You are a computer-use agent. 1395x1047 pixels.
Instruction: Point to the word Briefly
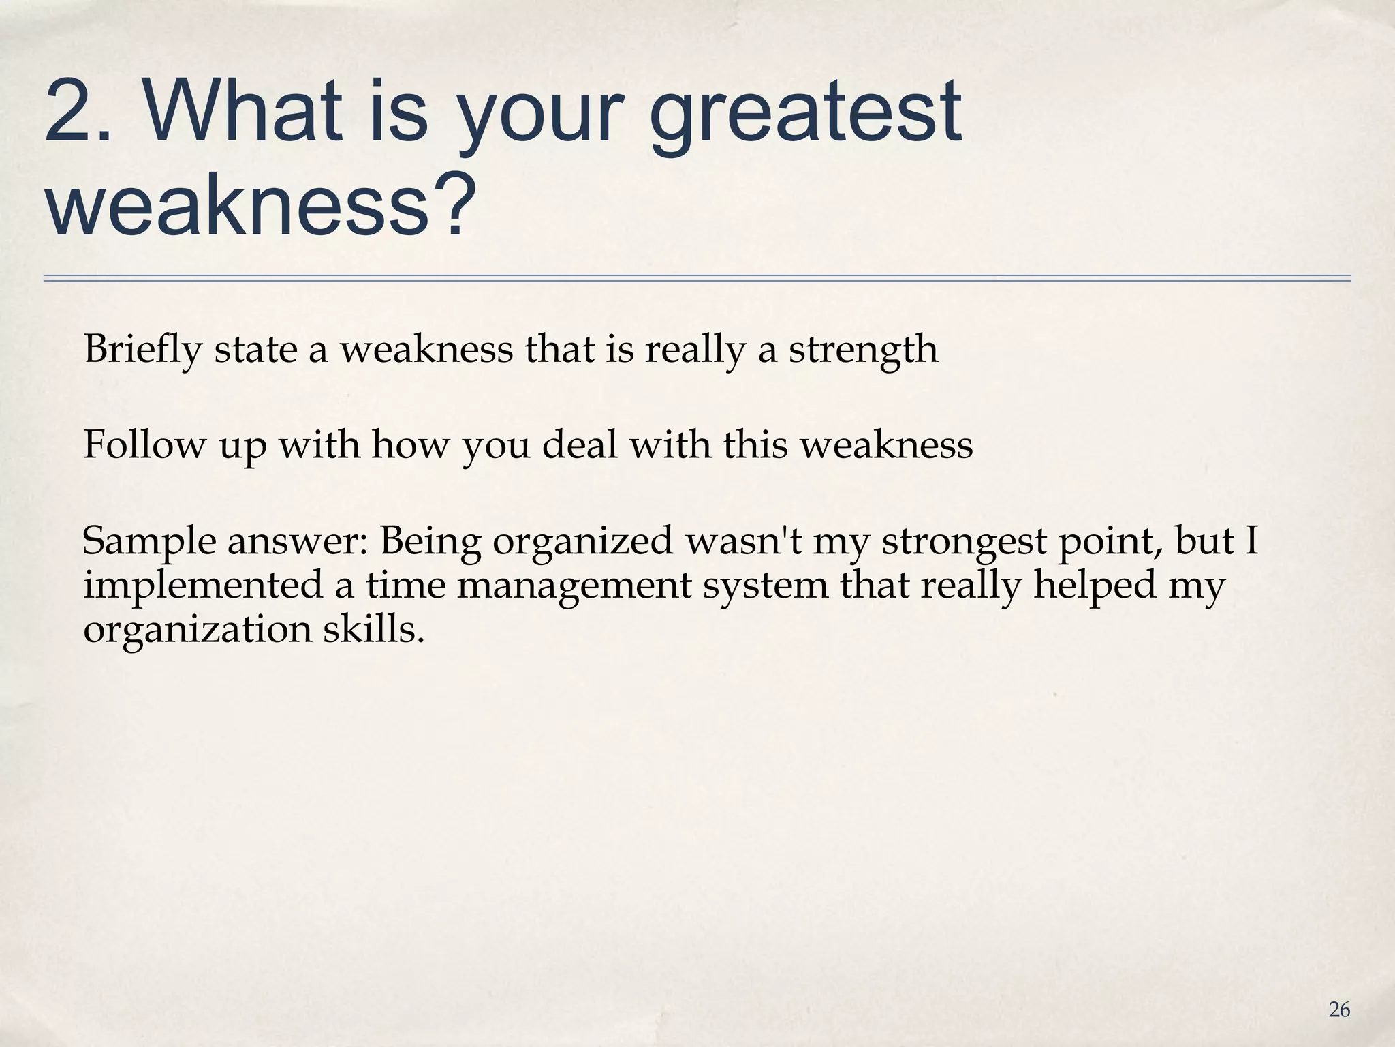(143, 350)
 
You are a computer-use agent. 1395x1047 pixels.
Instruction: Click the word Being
(430, 542)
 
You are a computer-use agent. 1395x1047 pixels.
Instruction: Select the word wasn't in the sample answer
(743, 542)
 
